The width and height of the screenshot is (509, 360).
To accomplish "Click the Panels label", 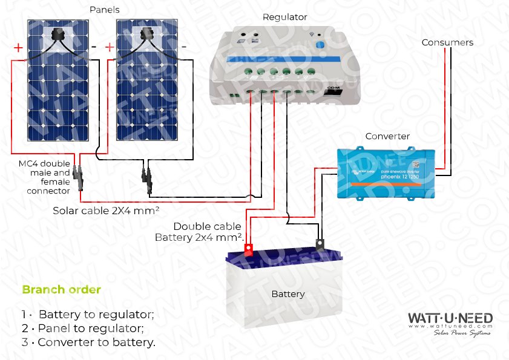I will coord(104,10).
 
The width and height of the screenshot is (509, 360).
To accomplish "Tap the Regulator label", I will coord(284,17).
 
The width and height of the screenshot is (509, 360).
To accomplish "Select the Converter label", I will coord(387,136).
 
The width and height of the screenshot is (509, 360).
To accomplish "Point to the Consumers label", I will coord(447,42).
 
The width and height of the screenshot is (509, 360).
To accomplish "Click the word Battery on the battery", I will coord(288,294).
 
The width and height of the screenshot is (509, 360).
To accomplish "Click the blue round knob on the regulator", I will coord(321,44).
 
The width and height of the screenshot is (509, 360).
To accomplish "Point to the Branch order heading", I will coord(61,290).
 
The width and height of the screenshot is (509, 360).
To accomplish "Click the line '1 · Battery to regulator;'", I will coord(88,315).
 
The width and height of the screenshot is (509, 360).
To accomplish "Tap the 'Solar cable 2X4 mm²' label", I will coord(106,211).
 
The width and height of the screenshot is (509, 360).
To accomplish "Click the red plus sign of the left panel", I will coord(18,47).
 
